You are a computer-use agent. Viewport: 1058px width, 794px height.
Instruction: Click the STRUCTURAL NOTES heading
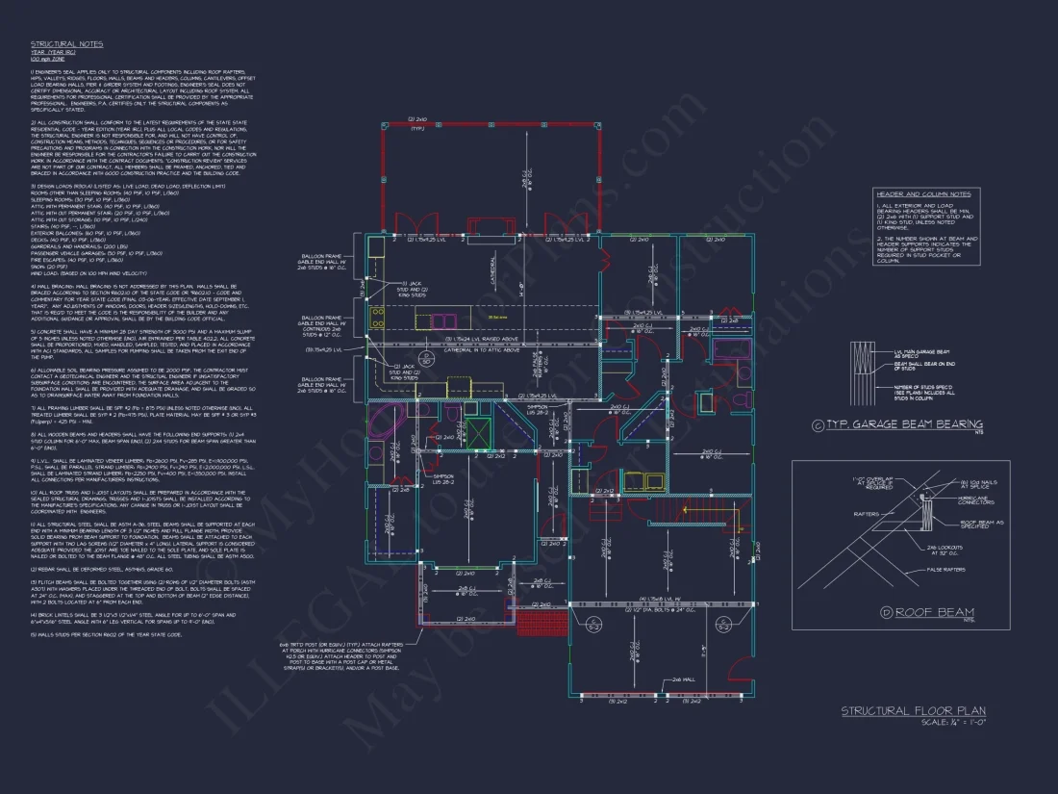click(66, 44)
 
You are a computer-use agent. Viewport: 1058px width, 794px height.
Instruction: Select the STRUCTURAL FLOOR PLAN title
click(913, 710)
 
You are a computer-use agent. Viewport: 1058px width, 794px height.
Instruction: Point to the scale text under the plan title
click(953, 722)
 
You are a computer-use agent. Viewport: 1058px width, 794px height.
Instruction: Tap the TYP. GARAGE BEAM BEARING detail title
click(904, 424)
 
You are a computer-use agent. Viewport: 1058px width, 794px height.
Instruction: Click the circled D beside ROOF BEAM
click(885, 612)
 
